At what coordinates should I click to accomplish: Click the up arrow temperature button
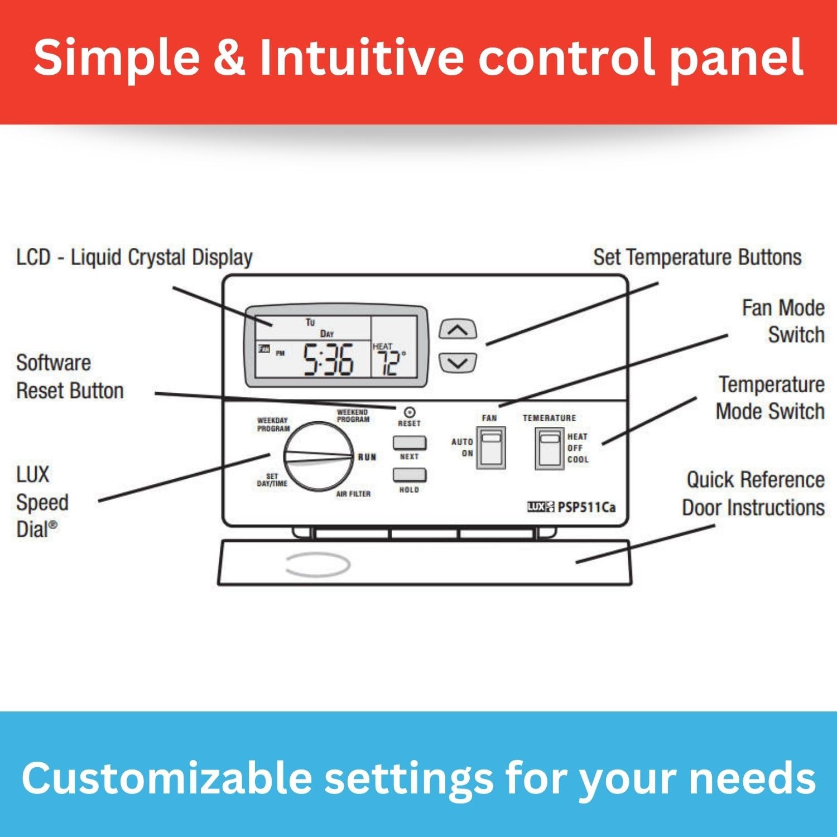click(x=458, y=330)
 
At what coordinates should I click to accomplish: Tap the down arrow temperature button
click(x=458, y=363)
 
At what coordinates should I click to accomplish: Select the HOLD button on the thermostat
click(x=409, y=475)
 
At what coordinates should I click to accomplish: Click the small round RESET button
click(x=409, y=412)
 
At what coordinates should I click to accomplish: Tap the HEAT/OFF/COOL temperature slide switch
click(x=550, y=448)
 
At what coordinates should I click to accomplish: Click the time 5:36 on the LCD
click(x=328, y=360)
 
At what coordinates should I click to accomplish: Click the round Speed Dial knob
click(x=318, y=456)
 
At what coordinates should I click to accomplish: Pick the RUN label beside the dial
click(x=367, y=457)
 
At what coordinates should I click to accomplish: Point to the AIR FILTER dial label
click(x=353, y=494)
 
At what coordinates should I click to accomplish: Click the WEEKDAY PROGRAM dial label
click(x=273, y=425)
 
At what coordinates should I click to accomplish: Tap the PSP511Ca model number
click(x=586, y=507)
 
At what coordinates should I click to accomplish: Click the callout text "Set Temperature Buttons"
click(x=697, y=257)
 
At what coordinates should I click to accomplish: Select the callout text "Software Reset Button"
click(x=70, y=377)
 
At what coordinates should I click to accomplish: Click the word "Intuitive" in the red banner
click(x=362, y=57)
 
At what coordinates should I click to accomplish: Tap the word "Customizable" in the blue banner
click(x=166, y=778)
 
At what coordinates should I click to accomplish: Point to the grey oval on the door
click(x=318, y=565)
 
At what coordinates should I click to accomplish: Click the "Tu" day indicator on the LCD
click(x=310, y=322)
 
